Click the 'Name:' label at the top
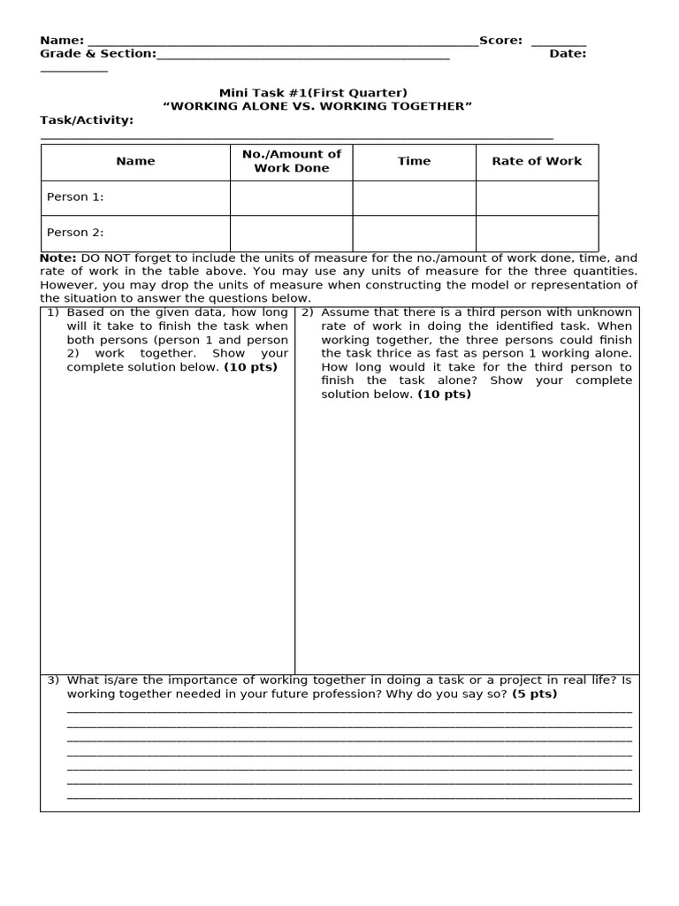(62, 41)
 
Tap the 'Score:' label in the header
(500, 41)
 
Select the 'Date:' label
(568, 54)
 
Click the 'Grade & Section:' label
(97, 54)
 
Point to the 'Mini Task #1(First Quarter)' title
(313, 93)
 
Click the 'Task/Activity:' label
(87, 120)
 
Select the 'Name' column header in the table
(135, 161)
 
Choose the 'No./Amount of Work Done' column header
(291, 161)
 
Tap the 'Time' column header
(414, 161)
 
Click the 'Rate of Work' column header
(537, 161)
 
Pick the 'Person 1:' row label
(75, 197)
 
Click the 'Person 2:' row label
(75, 233)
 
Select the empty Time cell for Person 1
(414, 197)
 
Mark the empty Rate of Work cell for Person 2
(537, 233)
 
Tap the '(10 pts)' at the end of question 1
(250, 367)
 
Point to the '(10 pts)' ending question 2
(444, 395)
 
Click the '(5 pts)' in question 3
(534, 695)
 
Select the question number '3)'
(53, 680)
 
